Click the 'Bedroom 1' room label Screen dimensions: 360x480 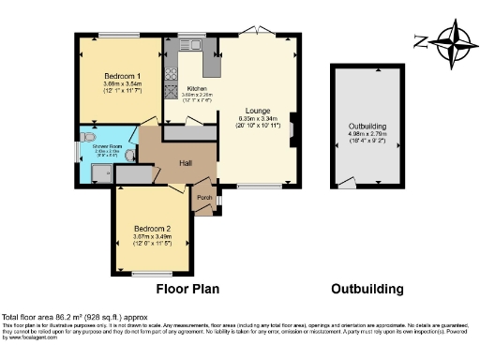[x=121, y=75]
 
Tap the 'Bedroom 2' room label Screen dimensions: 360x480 [x=151, y=228]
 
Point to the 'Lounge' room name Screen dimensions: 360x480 [x=258, y=110]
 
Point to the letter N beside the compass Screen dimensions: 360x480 [x=418, y=40]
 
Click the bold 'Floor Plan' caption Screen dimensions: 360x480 [x=187, y=290]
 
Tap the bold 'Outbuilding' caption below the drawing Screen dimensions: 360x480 [x=367, y=290]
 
